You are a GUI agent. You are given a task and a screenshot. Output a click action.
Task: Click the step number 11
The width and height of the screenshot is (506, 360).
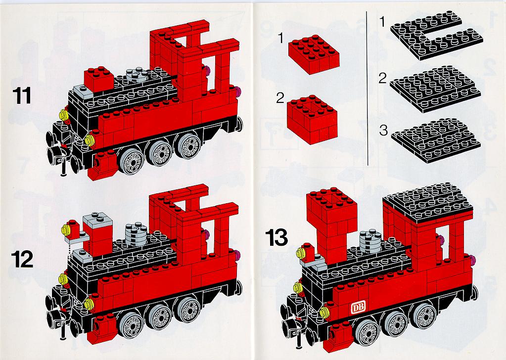[x=22, y=96]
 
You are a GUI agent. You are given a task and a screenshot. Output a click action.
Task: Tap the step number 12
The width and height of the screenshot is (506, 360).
[x=22, y=259]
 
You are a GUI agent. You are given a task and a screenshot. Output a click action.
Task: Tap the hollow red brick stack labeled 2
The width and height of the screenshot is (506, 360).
[x=312, y=119]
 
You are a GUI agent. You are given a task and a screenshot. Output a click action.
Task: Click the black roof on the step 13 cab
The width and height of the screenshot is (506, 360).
[x=427, y=202]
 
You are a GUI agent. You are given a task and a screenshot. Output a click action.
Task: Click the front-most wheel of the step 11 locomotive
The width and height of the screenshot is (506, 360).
[x=132, y=162]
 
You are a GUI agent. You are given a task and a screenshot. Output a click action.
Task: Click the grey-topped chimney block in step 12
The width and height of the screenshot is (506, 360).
[x=97, y=234]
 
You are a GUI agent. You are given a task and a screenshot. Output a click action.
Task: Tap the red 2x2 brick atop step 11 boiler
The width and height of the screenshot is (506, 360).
[x=99, y=79]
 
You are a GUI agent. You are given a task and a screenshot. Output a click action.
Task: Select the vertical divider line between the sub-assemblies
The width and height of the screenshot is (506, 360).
[x=368, y=89]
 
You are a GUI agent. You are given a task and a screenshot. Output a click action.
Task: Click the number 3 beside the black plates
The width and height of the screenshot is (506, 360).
[x=383, y=131]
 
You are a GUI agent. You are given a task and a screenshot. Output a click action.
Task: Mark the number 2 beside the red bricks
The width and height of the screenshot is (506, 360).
[x=280, y=98]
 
